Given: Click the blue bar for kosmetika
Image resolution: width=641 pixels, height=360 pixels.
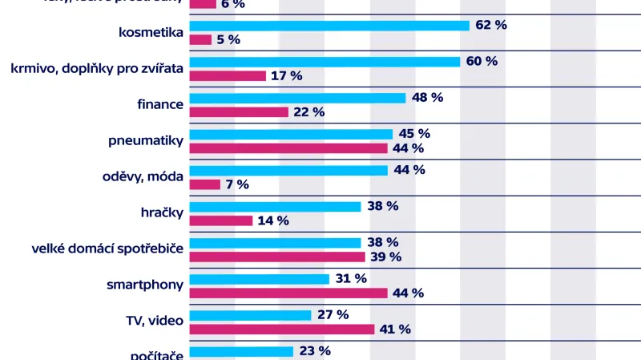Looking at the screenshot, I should point(329,26).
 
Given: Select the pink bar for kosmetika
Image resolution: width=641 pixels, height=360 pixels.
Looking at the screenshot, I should point(200,40).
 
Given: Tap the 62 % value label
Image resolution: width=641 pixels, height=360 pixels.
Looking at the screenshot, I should point(491,25).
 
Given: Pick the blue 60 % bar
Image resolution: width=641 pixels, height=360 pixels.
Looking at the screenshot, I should point(325,62).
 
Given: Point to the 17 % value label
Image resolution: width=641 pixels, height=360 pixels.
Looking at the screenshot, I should point(286,76).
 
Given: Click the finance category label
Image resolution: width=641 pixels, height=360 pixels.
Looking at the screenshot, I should point(160,104).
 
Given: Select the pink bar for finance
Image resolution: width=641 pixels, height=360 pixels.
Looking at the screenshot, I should point(239,112).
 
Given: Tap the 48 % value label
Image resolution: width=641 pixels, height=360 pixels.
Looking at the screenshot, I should point(427,97).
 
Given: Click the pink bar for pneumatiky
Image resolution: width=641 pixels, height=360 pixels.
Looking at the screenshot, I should point(288,148).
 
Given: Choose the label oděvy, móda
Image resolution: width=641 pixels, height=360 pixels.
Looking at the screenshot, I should point(145,176).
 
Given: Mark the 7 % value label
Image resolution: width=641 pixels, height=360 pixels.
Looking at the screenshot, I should point(237,184).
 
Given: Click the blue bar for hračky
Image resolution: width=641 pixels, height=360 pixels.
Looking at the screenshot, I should point(275,206).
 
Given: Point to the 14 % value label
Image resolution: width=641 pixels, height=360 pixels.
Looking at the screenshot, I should point(273,220).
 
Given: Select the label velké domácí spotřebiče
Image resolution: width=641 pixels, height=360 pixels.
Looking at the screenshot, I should point(104,249).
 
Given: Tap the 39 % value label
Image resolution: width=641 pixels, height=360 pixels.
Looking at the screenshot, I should point(385,257).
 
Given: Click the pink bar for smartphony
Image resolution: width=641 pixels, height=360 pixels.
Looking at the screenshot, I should point(288,293).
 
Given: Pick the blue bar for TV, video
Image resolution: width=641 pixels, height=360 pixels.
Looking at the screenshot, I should point(250,315).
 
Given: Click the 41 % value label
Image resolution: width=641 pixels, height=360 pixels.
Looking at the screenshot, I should point(395,329).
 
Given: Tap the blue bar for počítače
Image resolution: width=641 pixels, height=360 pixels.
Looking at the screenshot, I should point(241,351).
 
